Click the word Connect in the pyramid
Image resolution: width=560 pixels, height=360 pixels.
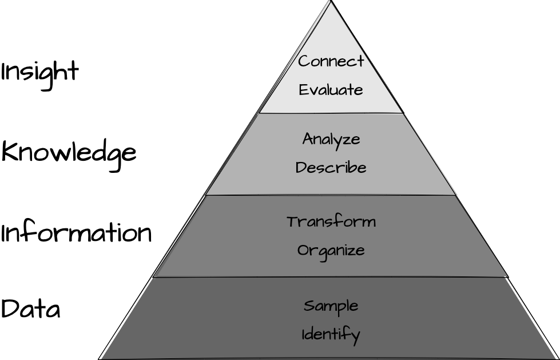point(331,61)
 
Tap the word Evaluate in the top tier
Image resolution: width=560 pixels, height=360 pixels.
point(331,90)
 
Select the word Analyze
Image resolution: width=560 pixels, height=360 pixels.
point(331,139)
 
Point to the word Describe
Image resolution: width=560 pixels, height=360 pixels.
point(331,168)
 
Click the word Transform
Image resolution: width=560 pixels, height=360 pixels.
point(331,221)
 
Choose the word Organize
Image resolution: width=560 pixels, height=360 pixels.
point(331,251)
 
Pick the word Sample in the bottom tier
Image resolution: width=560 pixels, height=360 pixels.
point(331,306)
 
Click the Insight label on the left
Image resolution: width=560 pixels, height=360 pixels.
point(39,73)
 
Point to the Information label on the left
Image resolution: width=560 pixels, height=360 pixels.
point(76,233)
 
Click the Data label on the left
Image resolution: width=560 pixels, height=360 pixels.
point(30,310)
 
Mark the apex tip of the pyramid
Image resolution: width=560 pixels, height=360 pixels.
point(331,2)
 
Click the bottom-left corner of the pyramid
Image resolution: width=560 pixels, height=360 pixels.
point(100,358)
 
